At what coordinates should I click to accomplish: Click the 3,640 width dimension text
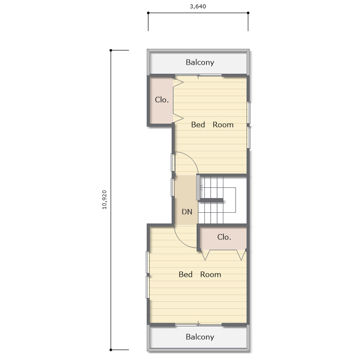click(198, 6)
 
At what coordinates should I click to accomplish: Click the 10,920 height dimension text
click(104, 200)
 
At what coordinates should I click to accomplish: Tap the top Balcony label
click(200, 62)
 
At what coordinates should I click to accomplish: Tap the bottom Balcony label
click(200, 337)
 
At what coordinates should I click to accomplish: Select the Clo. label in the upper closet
click(162, 100)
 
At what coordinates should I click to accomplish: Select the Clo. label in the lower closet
click(224, 237)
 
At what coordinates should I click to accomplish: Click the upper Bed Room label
click(212, 124)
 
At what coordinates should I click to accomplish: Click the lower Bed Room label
click(200, 274)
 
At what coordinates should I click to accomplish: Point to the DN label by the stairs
click(187, 212)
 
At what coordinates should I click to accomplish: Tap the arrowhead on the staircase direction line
click(201, 189)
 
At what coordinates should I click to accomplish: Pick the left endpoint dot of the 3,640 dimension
click(148, 13)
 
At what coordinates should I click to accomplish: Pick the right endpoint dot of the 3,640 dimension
click(248, 13)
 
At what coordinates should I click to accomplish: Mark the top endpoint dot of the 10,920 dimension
click(111, 50)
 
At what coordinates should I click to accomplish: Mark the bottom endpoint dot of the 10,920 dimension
click(111, 350)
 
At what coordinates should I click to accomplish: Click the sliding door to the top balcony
click(199, 75)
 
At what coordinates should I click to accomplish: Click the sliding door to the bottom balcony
click(199, 325)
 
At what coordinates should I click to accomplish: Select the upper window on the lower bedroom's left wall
click(148, 262)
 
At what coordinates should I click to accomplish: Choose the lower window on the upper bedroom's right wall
click(248, 137)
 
